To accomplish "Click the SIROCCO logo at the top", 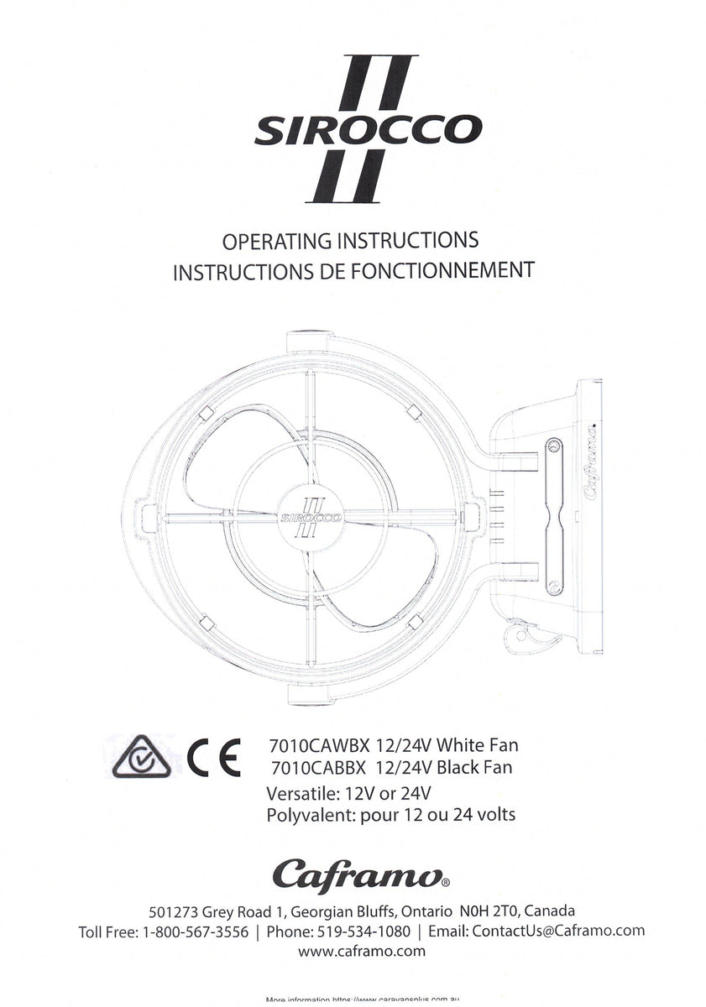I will pyautogui.click(x=368, y=130).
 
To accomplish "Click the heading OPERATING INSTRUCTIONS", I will pyautogui.click(x=350, y=241).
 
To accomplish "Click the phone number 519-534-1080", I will pyautogui.click(x=363, y=931).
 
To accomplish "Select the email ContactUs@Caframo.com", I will pyautogui.click(x=558, y=931).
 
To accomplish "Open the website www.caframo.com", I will pyautogui.click(x=361, y=952).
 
